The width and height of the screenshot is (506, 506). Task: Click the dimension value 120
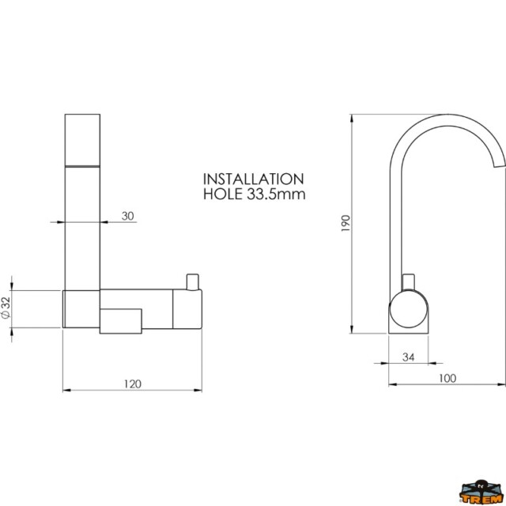point(133,384)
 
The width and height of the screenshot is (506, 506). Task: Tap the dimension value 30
point(128,216)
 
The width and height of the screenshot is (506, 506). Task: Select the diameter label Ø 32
point(6,308)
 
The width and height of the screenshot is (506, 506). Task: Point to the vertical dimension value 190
point(346,223)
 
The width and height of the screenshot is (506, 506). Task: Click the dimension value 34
point(409,357)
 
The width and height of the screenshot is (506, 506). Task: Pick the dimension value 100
point(447,378)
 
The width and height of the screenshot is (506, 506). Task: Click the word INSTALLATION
point(253,179)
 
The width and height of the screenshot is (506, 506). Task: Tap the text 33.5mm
point(276,194)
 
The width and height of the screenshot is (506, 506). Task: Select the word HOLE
point(223,194)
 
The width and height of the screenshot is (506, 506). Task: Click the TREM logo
point(481,493)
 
